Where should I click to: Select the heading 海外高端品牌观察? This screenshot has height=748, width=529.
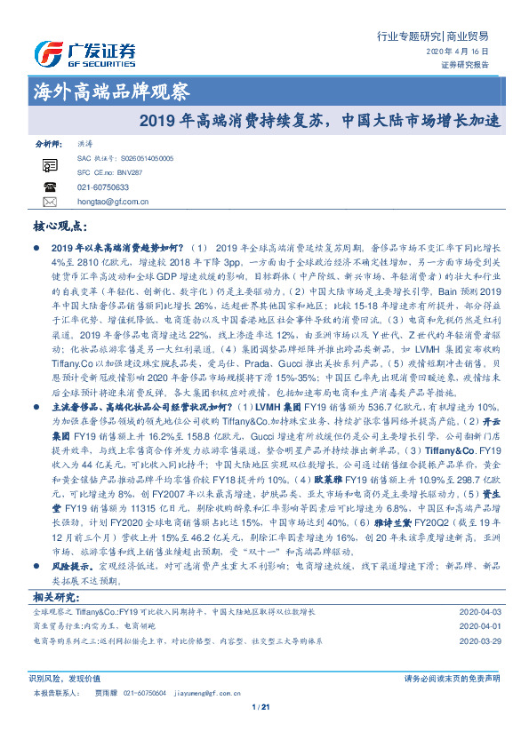click(x=111, y=91)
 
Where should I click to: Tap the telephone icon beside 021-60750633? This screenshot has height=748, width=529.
click(x=50, y=187)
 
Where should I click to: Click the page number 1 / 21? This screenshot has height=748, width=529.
click(x=260, y=707)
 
